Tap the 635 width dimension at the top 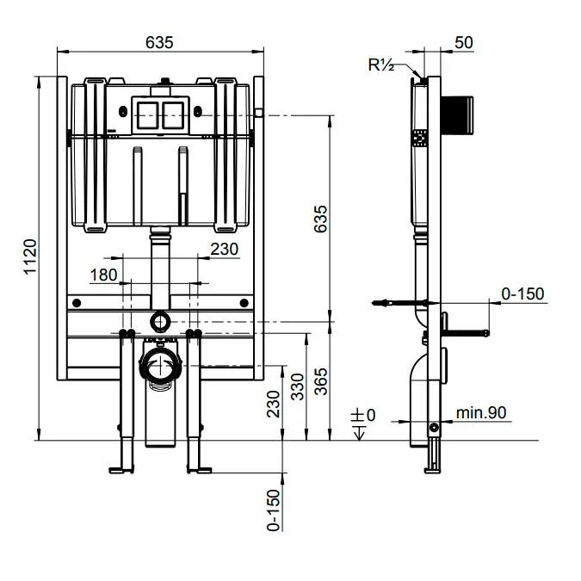[159, 41]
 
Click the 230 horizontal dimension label [224, 249]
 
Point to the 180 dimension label [102, 275]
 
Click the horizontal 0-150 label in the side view [522, 294]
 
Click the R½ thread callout [380, 65]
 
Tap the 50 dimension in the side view [462, 41]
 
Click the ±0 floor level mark [364, 416]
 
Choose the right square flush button [174, 112]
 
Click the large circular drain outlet [159, 367]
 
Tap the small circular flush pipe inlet [159, 322]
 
